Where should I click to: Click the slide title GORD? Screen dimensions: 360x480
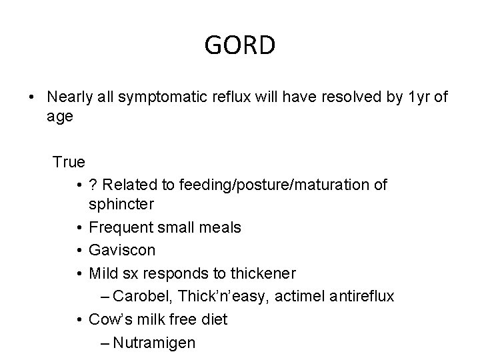click(239, 45)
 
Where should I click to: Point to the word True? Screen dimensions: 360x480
click(69, 162)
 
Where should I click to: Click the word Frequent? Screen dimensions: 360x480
click(118, 228)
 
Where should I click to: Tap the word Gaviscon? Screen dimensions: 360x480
click(122, 251)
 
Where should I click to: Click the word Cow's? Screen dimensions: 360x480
click(110, 319)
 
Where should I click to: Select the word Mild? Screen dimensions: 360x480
click(103, 273)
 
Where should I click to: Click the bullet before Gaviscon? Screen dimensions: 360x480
click(79, 251)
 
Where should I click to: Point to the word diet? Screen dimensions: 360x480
click(213, 319)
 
